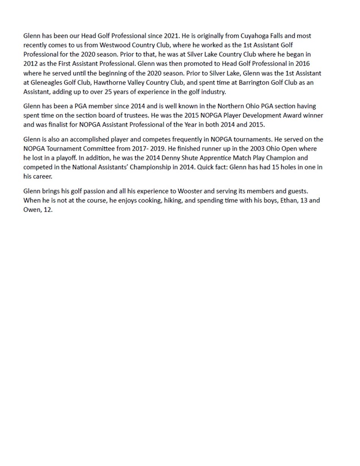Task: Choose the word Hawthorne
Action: point(109,82)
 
